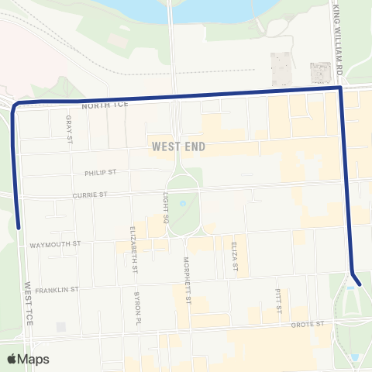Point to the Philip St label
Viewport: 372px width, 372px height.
coord(102,173)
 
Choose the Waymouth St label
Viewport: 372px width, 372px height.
coord(55,243)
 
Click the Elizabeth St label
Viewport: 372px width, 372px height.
coord(135,250)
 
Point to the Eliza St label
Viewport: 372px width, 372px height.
coord(233,255)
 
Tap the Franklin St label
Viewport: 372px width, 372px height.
coord(57,288)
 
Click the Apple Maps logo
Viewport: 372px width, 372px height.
coord(28,359)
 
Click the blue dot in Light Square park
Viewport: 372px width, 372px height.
coord(182,204)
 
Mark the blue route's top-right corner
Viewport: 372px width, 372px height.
coord(341,89)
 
